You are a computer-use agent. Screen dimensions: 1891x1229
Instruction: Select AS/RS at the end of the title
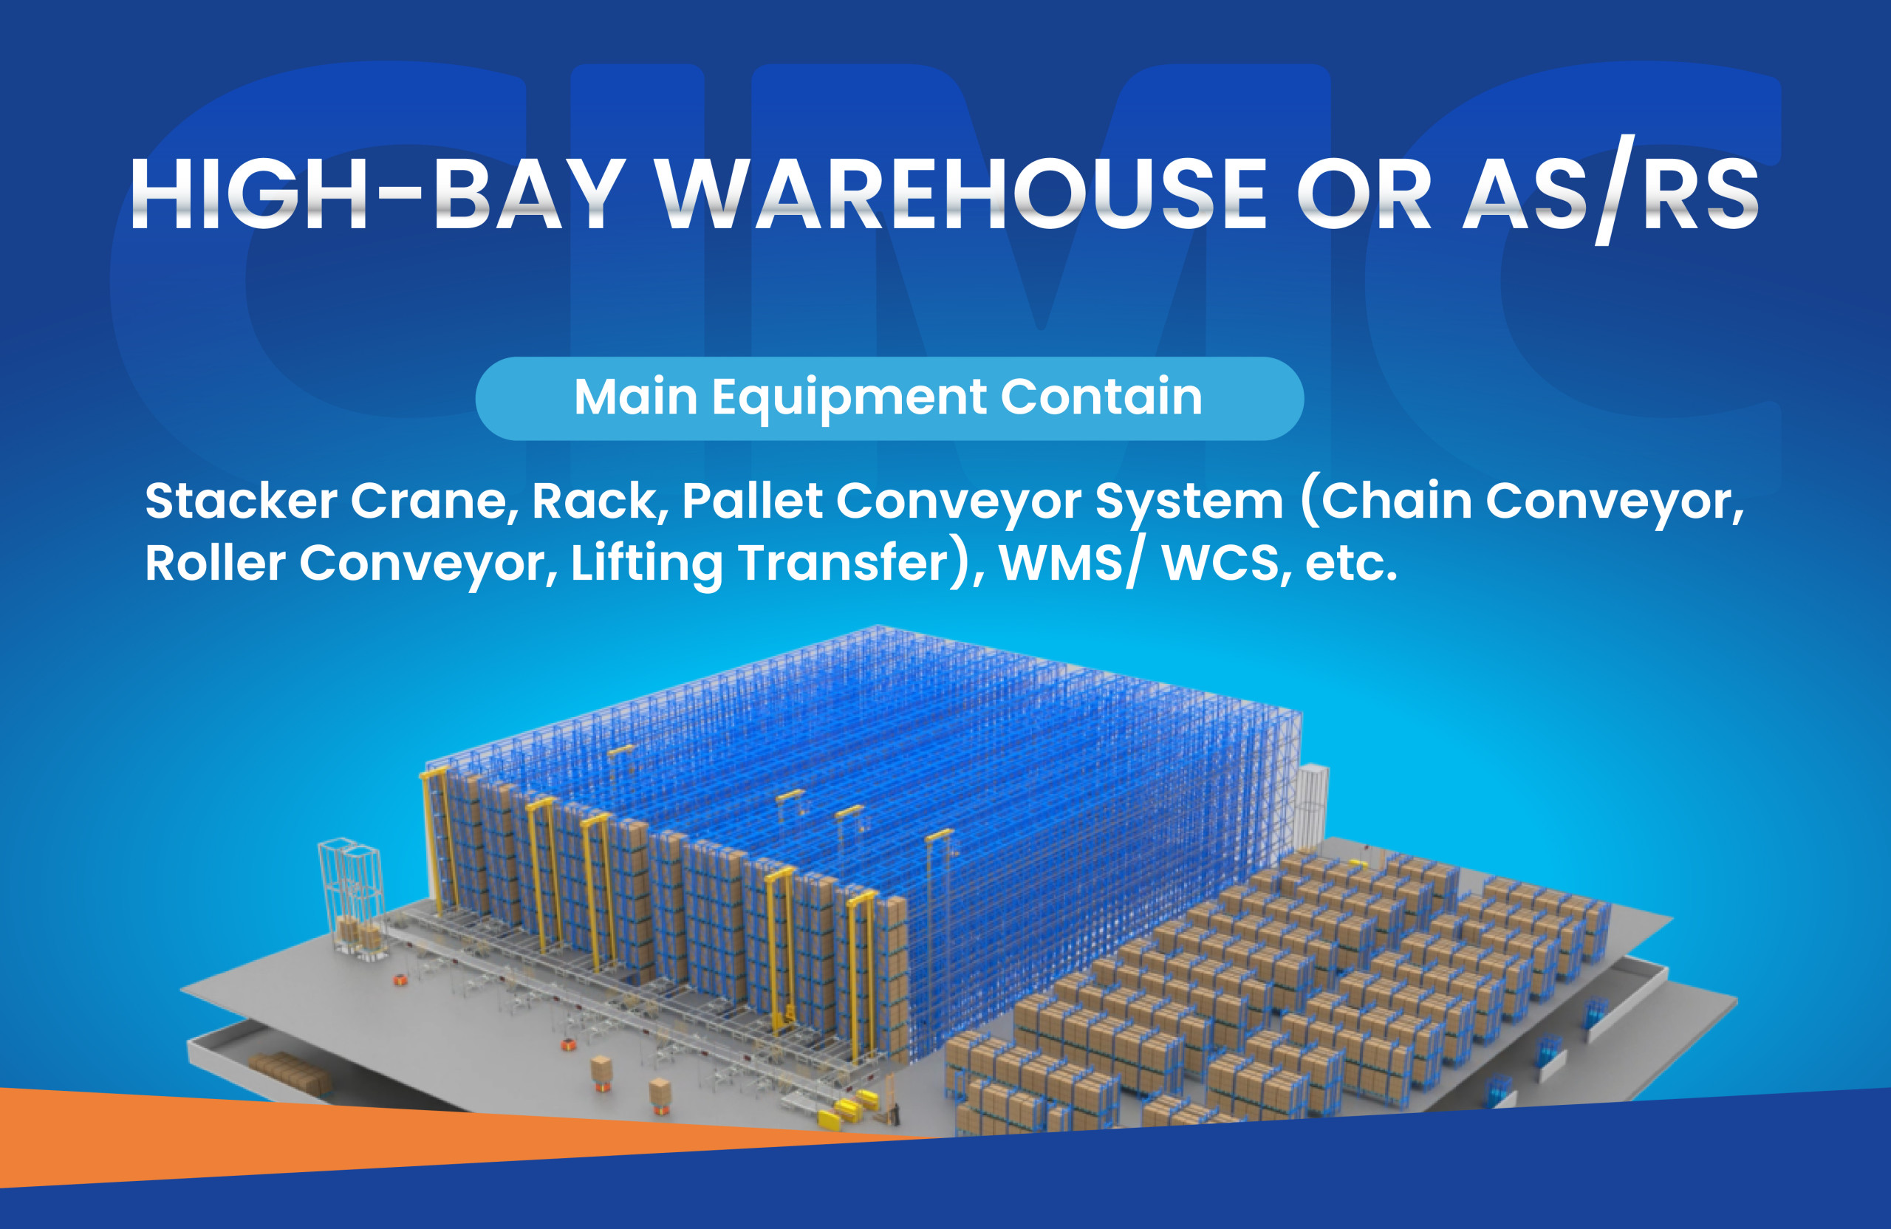(1610, 191)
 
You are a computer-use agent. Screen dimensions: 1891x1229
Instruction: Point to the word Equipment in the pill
(849, 399)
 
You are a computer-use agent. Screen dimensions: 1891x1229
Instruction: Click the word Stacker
(242, 501)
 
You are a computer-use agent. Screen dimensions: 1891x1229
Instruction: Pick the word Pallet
(752, 501)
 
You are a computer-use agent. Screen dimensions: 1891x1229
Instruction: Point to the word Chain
(1396, 501)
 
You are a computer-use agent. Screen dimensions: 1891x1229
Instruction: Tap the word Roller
(214, 564)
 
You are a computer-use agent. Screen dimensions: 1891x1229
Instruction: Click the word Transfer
(844, 564)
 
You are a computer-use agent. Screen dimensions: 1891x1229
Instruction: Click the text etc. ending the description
(1351, 565)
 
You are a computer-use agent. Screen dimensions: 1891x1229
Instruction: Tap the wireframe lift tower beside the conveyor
(351, 897)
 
